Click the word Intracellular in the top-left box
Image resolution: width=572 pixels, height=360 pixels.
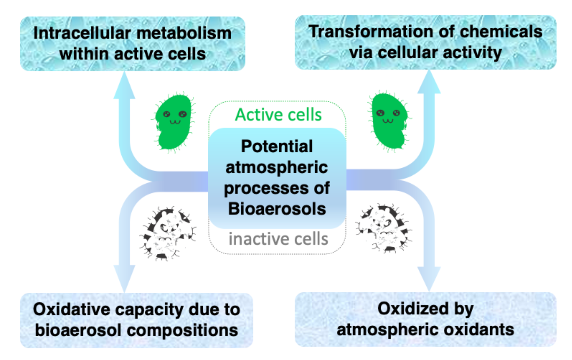83,33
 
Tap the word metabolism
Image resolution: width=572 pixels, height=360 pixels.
184,33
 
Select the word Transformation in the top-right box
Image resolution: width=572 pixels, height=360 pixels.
370,32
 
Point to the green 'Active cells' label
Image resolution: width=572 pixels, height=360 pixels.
278,115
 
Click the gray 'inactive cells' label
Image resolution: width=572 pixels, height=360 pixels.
278,239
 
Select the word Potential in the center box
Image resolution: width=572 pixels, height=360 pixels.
277,147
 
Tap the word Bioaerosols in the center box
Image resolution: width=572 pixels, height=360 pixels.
277,209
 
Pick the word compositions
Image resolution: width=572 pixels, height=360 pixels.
182,330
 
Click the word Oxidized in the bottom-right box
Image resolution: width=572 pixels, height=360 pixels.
413,309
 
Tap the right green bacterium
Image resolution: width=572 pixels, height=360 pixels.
389,121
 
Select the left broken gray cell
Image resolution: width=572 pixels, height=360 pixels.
168,233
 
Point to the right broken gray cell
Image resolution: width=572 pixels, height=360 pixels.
383,228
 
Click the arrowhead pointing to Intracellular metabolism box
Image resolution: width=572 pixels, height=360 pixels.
124,85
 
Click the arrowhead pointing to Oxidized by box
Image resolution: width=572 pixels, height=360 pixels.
429,279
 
